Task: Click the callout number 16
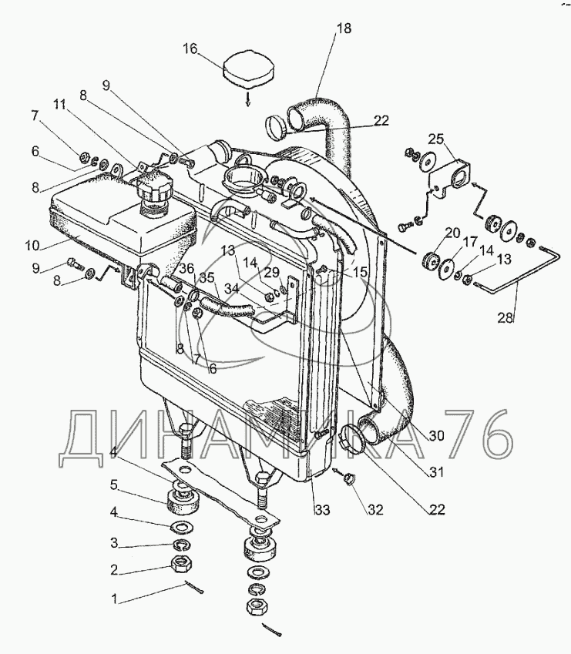tap(190, 50)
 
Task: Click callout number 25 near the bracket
tap(436, 139)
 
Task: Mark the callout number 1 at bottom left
tap(116, 598)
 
